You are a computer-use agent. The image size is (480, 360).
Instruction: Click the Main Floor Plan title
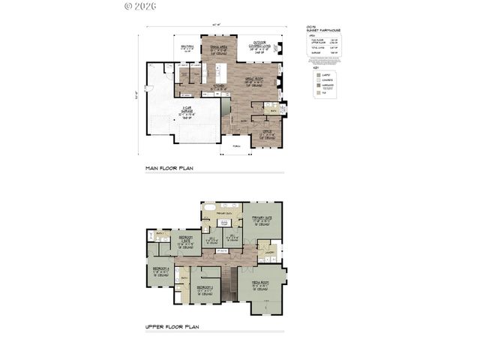pyautogui.click(x=169, y=169)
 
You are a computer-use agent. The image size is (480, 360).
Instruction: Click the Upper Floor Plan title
pyautogui.click(x=172, y=327)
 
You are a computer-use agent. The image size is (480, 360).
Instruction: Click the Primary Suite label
pyautogui.click(x=260, y=219)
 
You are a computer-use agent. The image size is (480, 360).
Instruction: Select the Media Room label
pyautogui.click(x=260, y=284)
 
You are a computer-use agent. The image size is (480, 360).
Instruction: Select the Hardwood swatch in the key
pyautogui.click(x=318, y=86)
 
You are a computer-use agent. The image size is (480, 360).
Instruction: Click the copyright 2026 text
pyautogui.click(x=139, y=6)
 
